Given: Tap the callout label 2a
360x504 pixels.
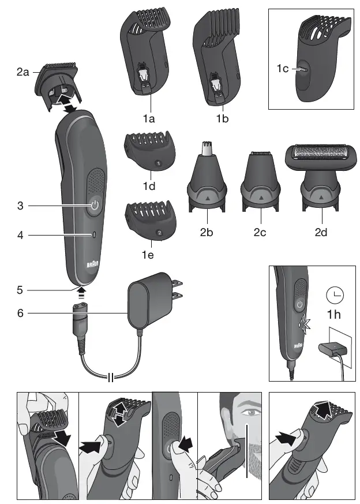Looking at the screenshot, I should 23,73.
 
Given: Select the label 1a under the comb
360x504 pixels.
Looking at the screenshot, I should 150,120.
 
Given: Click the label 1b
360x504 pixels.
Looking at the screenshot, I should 222,120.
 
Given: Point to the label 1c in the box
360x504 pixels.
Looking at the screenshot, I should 282,69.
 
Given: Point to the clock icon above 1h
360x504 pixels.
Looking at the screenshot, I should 334,296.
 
